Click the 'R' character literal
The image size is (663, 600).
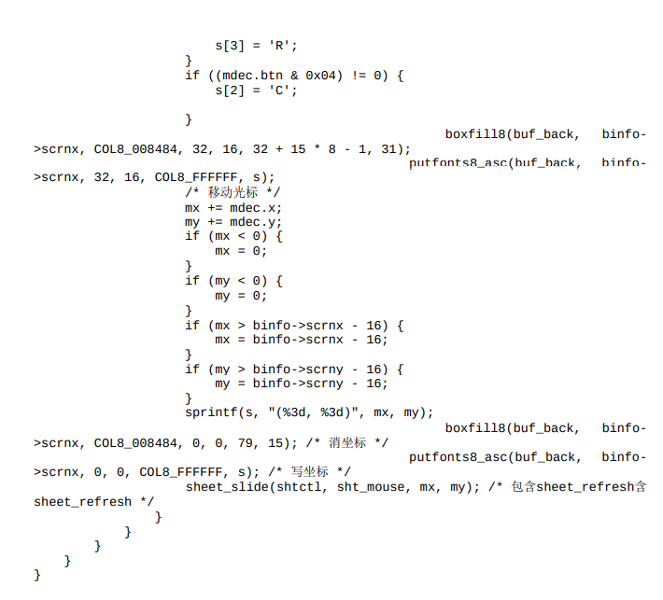pyautogui.click(x=282, y=46)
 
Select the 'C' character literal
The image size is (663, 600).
pyautogui.click(x=282, y=91)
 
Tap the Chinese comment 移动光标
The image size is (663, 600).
pyautogui.click(x=237, y=192)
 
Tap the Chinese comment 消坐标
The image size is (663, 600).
pyautogui.click(x=347, y=442)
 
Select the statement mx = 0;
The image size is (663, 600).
pyautogui.click(x=241, y=251)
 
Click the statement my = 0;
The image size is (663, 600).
pyautogui.click(x=241, y=296)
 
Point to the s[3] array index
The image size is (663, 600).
pyautogui.click(x=230, y=46)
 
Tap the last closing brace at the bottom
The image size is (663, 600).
pyautogui.click(x=37, y=575)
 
